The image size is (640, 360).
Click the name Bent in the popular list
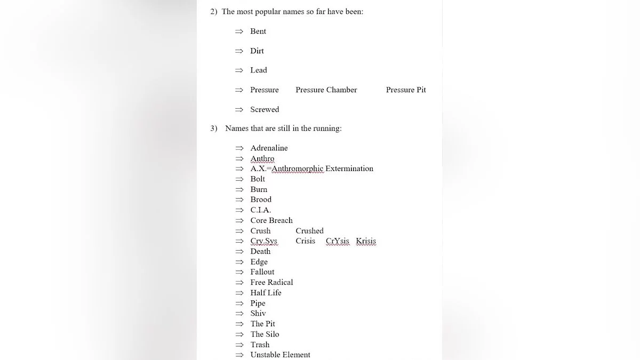point(258,31)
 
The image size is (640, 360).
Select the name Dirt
point(257,51)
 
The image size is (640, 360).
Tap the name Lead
point(259,70)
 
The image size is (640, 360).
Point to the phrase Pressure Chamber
point(326,90)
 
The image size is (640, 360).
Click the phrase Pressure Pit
point(406,90)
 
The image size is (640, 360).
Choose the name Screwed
point(265,110)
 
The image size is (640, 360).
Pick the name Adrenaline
point(269,148)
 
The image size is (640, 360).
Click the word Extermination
point(349,169)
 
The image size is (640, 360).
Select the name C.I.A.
point(261,210)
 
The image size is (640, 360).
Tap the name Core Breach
point(271,221)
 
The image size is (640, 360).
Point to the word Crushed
point(309,231)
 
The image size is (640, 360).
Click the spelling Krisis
point(366,241)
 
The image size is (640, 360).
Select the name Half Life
point(266,293)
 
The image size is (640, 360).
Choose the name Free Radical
point(271,283)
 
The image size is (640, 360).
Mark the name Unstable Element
point(280,355)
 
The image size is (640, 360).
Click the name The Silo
point(265,334)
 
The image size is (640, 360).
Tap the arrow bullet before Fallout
point(239,273)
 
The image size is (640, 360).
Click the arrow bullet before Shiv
point(239,314)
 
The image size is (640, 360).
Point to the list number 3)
point(214,129)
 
